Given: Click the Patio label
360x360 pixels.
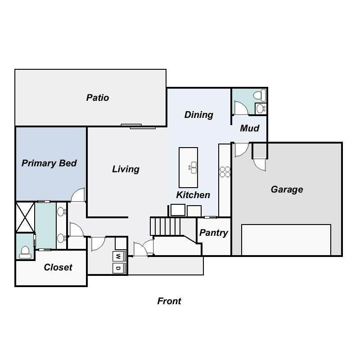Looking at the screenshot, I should coord(98,98).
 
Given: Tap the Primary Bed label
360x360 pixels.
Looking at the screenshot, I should coord(49,163).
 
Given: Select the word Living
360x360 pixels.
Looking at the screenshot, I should coord(126,169).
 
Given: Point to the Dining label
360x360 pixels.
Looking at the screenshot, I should coord(198,115).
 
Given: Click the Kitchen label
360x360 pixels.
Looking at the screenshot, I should coord(193,195).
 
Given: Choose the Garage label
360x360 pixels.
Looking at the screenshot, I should coord(287,189).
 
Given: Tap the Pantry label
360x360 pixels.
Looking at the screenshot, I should coord(214,233).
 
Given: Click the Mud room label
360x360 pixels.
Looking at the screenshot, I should coord(249,128).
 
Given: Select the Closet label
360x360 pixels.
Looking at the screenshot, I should coord(58,267).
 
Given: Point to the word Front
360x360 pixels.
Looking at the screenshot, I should coord(169,301).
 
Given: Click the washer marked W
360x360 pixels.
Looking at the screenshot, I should coord(118,256).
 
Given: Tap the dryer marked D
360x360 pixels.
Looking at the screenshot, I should coord(118,268).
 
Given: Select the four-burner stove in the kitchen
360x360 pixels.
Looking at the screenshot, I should coord(225,171).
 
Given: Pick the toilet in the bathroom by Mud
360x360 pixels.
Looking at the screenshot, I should coord(259,95).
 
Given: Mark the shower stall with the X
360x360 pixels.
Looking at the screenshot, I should coord(25,217).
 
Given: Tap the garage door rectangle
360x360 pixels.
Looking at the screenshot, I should coord(286,240).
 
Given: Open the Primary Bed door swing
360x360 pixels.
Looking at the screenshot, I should coord(78,195).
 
